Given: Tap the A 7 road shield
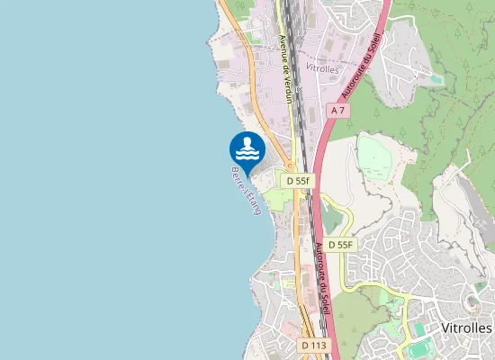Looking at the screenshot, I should pyautogui.click(x=338, y=110).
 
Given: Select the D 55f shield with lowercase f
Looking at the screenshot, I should pyautogui.click(x=298, y=181).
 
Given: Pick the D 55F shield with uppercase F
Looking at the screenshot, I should pyautogui.click(x=341, y=245).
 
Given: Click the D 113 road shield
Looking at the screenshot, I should pyautogui.click(x=314, y=345).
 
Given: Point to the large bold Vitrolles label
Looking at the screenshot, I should pyautogui.click(x=467, y=328).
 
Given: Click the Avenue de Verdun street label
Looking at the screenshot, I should pyautogui.click(x=285, y=68).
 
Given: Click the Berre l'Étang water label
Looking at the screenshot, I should pyautogui.click(x=246, y=189).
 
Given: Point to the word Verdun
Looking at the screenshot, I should pyautogui.click(x=287, y=88).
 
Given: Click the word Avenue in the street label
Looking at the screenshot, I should pyautogui.click(x=283, y=49).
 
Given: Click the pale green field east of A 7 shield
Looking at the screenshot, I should pyautogui.click(x=376, y=157).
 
